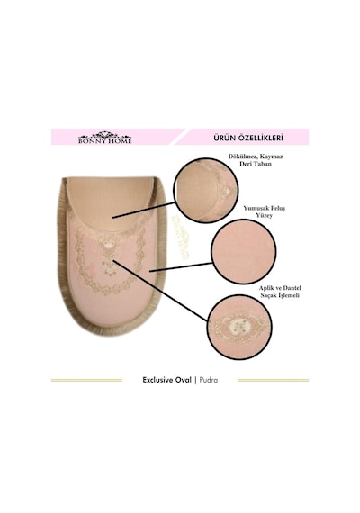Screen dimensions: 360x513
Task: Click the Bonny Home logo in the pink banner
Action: click(x=104, y=138)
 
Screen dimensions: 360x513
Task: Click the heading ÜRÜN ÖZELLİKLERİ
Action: click(x=248, y=138)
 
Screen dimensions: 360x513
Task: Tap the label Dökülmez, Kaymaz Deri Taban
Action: click(x=256, y=160)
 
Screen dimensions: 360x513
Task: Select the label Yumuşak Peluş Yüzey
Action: click(x=264, y=211)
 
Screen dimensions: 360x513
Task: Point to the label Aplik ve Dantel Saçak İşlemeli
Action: click(x=280, y=292)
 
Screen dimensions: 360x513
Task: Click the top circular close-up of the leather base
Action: click(x=206, y=191)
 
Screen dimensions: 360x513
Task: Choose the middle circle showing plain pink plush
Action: click(x=244, y=251)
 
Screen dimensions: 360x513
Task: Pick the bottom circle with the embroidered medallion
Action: click(x=239, y=326)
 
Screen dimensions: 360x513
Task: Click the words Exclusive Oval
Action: click(x=166, y=380)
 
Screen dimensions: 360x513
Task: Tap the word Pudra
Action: click(x=209, y=380)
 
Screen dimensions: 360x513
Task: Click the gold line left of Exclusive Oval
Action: click(x=86, y=380)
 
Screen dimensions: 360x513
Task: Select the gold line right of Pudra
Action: click(x=274, y=380)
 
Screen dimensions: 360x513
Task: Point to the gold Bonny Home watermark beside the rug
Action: click(x=180, y=238)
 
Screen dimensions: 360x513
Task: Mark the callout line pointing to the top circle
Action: click(x=144, y=210)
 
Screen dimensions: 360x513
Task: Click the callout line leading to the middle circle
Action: click(x=181, y=267)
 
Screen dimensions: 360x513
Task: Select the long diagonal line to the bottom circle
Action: click(x=160, y=291)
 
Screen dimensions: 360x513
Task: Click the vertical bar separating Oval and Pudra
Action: click(x=195, y=380)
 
